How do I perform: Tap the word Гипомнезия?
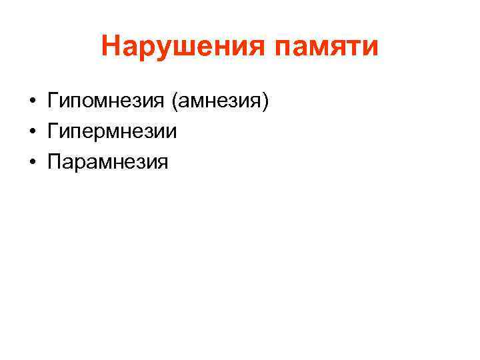(106, 101)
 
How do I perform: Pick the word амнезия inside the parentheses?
(219, 101)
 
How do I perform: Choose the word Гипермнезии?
(112, 131)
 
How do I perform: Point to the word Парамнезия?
(108, 161)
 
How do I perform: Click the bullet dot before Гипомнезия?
(32, 102)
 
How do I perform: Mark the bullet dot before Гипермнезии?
(32, 132)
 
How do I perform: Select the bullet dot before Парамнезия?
(32, 162)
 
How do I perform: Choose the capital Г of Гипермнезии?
(53, 131)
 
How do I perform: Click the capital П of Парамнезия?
(54, 161)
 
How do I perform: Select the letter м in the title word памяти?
(318, 49)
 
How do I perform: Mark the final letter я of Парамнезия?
(163, 162)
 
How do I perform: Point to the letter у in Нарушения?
(161, 50)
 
